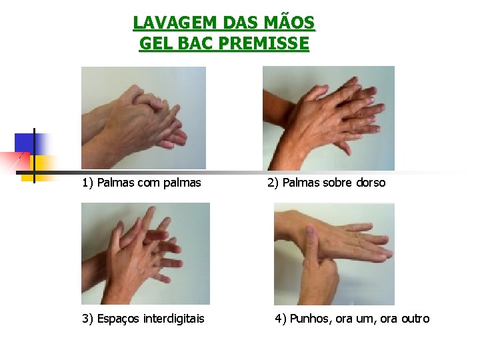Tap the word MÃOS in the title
click(x=289, y=22)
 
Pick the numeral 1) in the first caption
click(x=87, y=183)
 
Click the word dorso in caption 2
click(x=371, y=183)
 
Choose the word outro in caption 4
click(x=415, y=319)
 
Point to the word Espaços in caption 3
click(x=119, y=319)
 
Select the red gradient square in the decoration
click(x=15, y=162)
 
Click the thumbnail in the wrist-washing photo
click(x=310, y=234)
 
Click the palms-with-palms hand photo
click(x=143, y=118)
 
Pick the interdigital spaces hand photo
click(x=146, y=253)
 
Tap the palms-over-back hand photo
click(x=329, y=118)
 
